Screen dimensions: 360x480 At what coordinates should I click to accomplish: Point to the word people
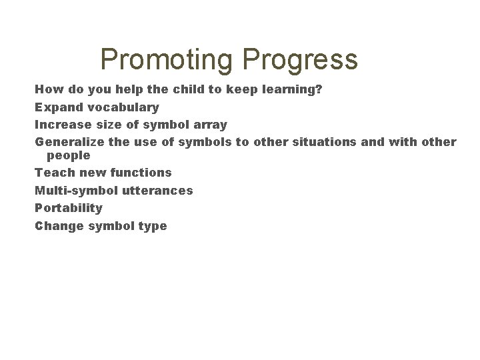(x=68, y=155)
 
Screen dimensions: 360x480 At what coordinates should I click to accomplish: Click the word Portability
(x=69, y=208)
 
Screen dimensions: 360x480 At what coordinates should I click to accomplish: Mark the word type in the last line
(x=153, y=226)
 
